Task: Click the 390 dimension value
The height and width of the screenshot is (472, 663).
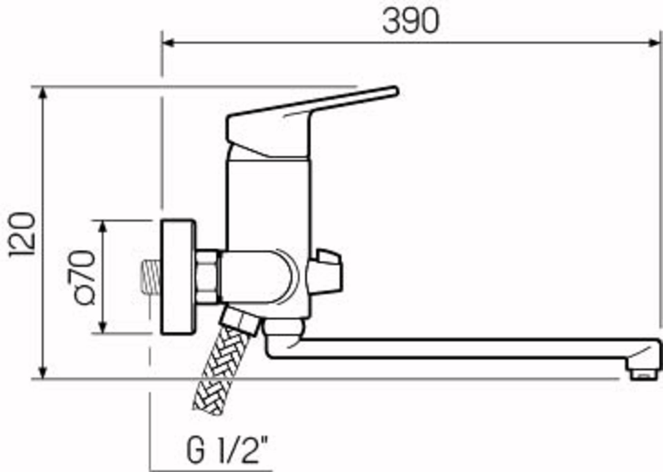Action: click(411, 21)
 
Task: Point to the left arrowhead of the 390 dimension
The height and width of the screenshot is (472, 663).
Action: click(168, 43)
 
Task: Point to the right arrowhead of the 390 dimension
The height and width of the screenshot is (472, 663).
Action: click(654, 43)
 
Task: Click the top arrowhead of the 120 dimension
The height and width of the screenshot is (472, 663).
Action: click(42, 92)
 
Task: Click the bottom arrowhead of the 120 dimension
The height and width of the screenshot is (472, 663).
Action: click(42, 373)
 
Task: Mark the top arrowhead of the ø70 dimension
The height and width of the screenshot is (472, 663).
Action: click(103, 226)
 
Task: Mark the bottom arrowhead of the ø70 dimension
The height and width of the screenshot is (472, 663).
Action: click(103, 328)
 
